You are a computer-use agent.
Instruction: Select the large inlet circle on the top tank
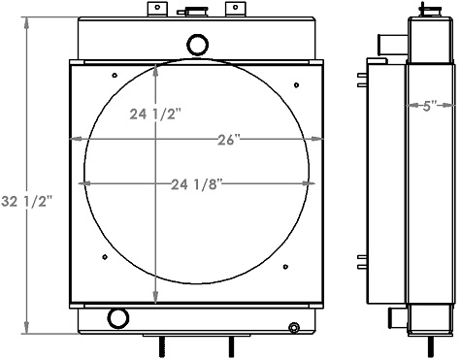click(198, 44)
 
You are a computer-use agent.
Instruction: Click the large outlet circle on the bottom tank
click(118, 317)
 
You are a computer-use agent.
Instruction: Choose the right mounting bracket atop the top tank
click(233, 10)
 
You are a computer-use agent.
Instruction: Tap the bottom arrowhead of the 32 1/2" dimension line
click(27, 330)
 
